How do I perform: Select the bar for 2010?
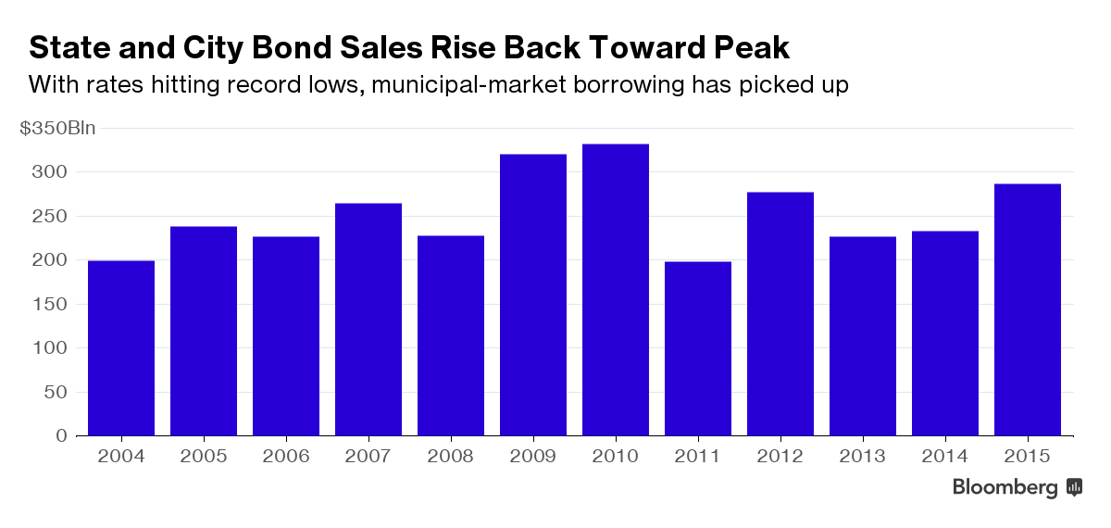tap(616, 290)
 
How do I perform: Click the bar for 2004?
tap(121, 348)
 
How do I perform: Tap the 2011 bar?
tap(698, 349)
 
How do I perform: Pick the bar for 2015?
tap(1028, 310)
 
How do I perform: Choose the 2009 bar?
tap(533, 295)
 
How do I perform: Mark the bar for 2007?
tap(368, 320)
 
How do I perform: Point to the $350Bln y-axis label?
tap(57, 129)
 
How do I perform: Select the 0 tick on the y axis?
tap(61, 435)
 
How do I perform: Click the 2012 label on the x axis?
tap(780, 456)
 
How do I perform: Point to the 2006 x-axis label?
tap(286, 456)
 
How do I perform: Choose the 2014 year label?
tap(945, 456)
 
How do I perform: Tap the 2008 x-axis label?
tap(451, 456)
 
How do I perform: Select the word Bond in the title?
tap(308, 48)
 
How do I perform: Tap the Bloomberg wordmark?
tap(1005, 488)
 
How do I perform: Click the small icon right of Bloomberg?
tap(1075, 487)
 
